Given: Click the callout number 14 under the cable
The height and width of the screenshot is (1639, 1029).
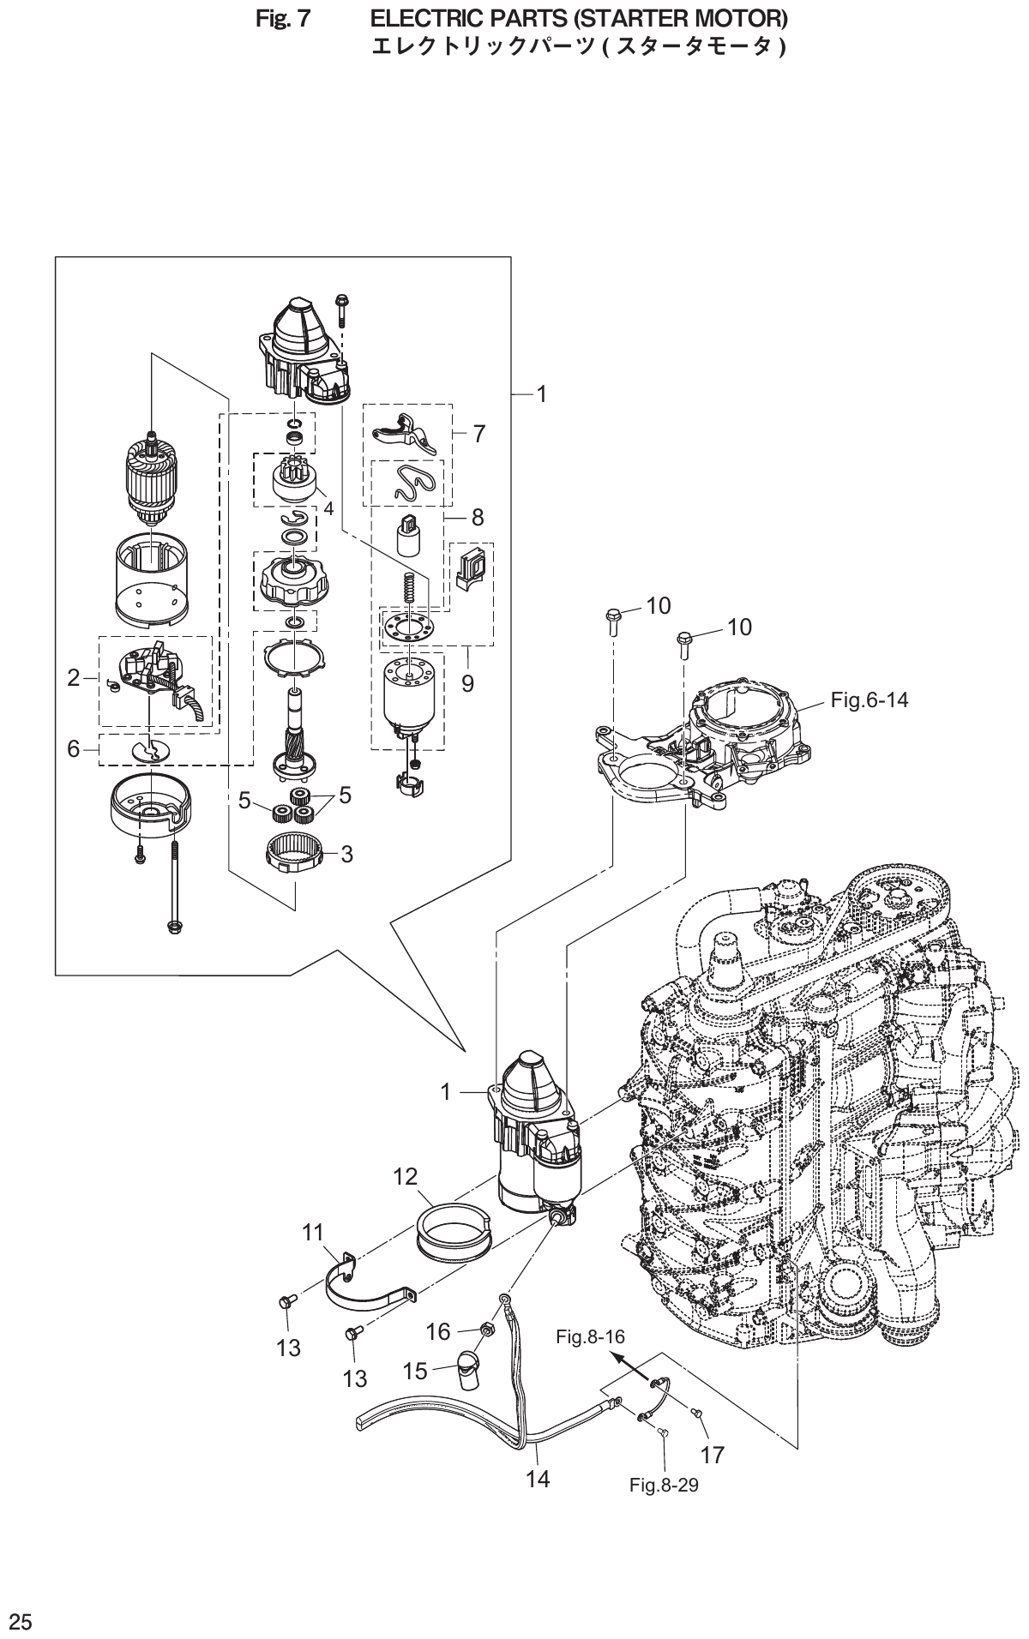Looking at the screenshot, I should tap(538, 1478).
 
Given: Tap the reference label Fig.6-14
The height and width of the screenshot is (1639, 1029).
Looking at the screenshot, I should tap(869, 699).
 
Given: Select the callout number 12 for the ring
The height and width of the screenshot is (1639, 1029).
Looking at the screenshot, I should tap(405, 1176).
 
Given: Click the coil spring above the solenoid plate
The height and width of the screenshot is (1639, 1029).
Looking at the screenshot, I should tap(410, 587).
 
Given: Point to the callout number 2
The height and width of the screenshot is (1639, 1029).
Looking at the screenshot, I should tap(74, 678).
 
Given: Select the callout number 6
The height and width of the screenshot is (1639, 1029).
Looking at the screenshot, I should tap(74, 749).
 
